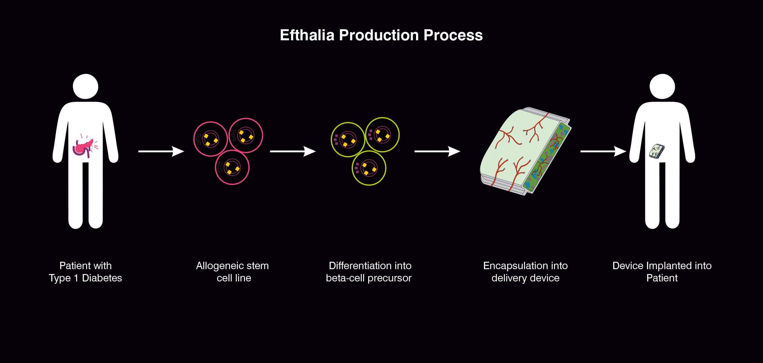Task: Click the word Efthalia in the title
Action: pyautogui.click(x=307, y=35)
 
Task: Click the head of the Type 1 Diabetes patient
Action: pyautogui.click(x=85, y=86)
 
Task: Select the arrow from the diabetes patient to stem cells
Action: pyautogui.click(x=161, y=152)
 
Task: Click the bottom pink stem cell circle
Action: pyautogui.click(x=232, y=167)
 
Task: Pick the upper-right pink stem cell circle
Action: pyautogui.click(x=246, y=135)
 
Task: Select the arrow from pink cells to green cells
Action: pyautogui.click(x=292, y=152)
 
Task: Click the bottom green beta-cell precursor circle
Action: pyautogui.click(x=369, y=168)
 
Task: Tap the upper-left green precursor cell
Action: pyautogui.click(x=348, y=139)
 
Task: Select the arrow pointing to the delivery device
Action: pyautogui.click(x=437, y=152)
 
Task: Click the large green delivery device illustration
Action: pyautogui.click(x=525, y=151)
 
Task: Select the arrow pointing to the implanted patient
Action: pyautogui.click(x=603, y=152)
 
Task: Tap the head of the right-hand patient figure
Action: pyautogui.click(x=662, y=86)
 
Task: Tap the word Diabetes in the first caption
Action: pyautogui.click(x=102, y=278)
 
